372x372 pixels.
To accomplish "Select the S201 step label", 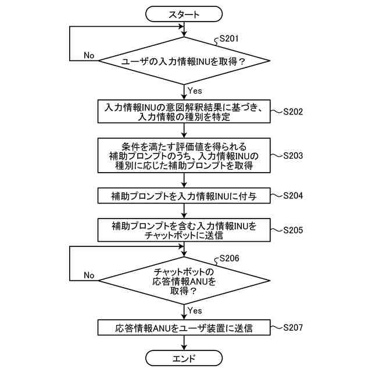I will (x=228, y=40).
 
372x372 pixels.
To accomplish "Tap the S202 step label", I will (x=293, y=112).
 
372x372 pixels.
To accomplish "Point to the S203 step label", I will (x=293, y=156).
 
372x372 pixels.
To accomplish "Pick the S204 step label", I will (x=293, y=196).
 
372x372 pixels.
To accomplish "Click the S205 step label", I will (x=293, y=230).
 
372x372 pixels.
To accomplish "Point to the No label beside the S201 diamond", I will (x=89, y=55).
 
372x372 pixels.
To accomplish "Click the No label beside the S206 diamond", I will (x=89, y=275).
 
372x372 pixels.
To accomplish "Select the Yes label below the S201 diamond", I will (x=195, y=90).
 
